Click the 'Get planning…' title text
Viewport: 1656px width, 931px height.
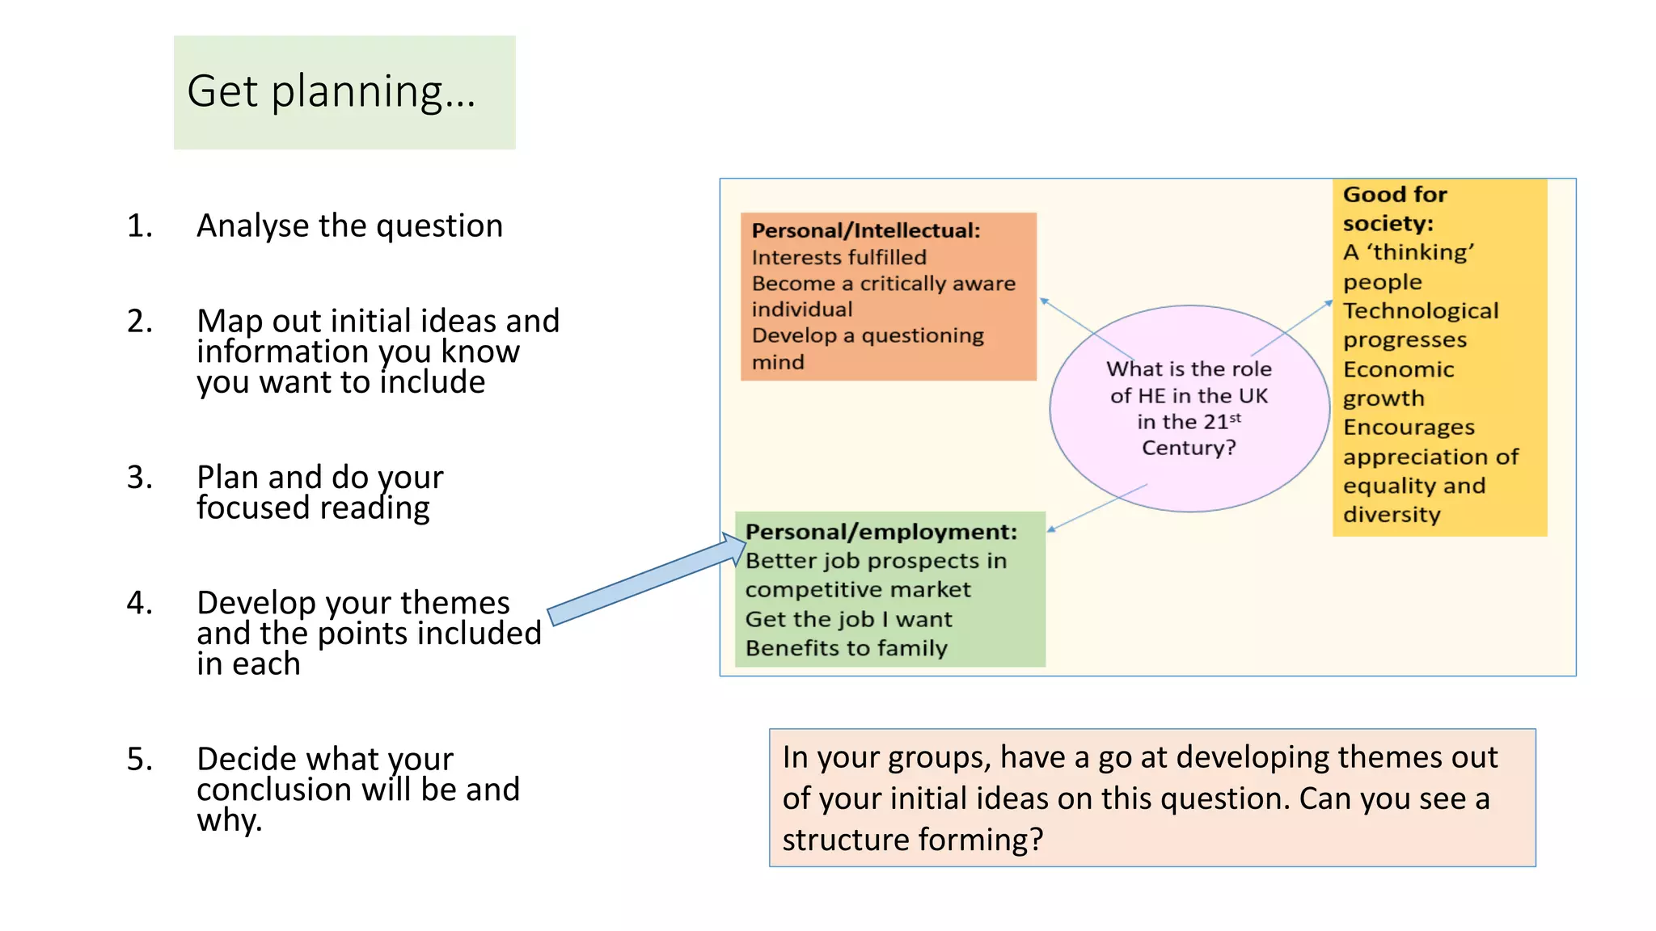click(x=332, y=91)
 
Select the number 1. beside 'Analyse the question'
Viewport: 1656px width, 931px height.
click(x=139, y=225)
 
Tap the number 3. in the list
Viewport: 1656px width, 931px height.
click(x=139, y=477)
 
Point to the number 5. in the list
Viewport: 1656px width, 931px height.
click(x=139, y=759)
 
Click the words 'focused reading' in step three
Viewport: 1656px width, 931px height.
click(x=313, y=508)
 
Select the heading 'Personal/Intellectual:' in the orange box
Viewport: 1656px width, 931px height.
click(x=865, y=231)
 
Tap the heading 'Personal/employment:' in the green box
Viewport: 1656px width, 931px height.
click(x=881, y=532)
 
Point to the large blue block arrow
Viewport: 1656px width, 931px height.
click(x=647, y=580)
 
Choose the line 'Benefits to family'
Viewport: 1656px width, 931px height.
click(x=846, y=648)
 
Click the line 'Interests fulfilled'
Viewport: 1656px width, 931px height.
click(x=839, y=258)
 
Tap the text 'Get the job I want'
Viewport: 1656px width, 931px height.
click(x=848, y=619)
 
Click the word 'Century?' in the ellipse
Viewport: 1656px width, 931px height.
click(x=1189, y=448)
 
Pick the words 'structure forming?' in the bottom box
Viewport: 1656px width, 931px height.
click(x=912, y=840)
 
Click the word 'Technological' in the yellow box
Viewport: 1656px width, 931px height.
click(x=1420, y=311)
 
